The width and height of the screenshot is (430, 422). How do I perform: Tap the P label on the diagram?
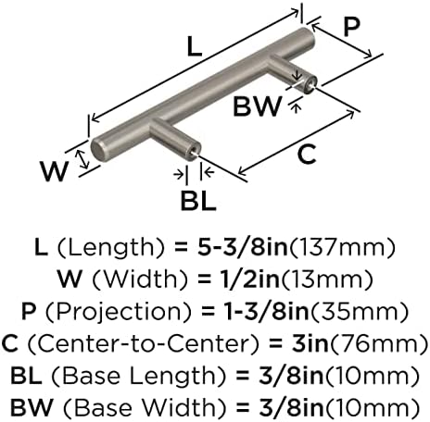tap(351, 27)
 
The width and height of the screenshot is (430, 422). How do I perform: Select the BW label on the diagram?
tap(258, 105)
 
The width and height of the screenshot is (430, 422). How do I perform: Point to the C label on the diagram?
tap(307, 154)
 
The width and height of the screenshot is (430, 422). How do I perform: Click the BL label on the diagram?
tap(198, 201)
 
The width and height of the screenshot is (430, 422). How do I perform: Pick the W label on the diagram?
tap(54, 171)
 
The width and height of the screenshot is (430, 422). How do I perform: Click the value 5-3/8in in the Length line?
tap(243, 247)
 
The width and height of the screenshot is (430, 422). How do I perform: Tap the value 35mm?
tap(360, 311)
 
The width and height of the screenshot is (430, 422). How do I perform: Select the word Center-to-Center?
tap(143, 343)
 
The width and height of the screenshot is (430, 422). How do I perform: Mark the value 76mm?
tap(380, 343)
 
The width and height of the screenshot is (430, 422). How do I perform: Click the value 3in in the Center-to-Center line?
tap(310, 343)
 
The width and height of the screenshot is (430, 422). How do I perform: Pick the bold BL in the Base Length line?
tap(26, 376)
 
